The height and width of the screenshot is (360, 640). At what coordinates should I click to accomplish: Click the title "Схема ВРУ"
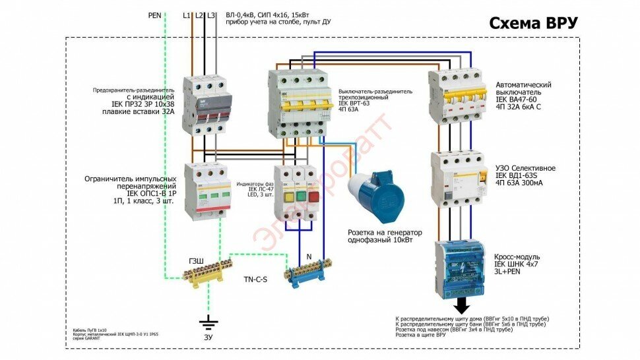click(534, 23)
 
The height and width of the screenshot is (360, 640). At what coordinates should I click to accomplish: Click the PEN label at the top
click(155, 14)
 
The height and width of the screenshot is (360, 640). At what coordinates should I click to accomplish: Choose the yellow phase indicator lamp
click(288, 196)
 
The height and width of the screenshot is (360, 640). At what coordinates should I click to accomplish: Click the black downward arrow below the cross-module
click(463, 305)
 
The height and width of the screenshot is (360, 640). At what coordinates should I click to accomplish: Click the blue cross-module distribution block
click(461, 267)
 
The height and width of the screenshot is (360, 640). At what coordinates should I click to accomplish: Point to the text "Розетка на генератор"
click(385, 233)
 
